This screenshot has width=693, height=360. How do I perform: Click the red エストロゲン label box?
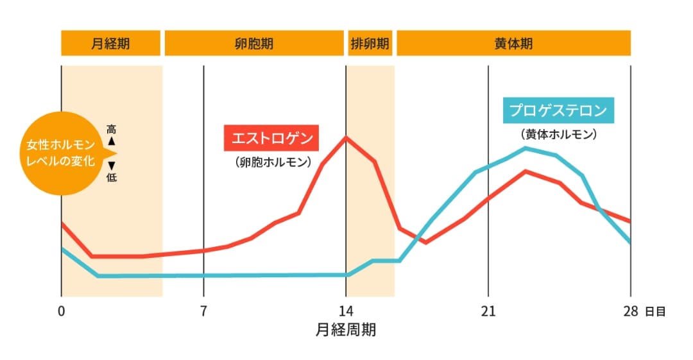pos(271,138)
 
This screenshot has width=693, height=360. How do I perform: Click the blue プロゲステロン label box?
pos(559,110)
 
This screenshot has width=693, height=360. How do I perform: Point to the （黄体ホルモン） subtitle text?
pos(559,135)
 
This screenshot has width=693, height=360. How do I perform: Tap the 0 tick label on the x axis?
pos(61,312)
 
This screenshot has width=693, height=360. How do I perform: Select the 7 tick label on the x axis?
pos(203,312)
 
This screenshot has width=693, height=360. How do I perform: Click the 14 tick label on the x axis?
pos(346,312)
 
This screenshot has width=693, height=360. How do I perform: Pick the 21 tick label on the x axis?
pos(488,312)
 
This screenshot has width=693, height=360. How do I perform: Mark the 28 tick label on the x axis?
pos(631,312)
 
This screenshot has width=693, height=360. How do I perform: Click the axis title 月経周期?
pos(346,330)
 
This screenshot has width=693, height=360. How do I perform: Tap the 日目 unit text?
pos(655,313)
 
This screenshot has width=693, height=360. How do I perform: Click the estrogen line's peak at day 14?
pos(346,137)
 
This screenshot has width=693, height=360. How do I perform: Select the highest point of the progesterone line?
pos(526,148)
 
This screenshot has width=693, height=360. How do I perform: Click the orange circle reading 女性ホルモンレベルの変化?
pos(61,153)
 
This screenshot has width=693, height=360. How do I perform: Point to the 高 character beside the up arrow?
pos(112,129)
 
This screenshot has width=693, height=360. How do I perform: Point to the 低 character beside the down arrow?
pos(112,177)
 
